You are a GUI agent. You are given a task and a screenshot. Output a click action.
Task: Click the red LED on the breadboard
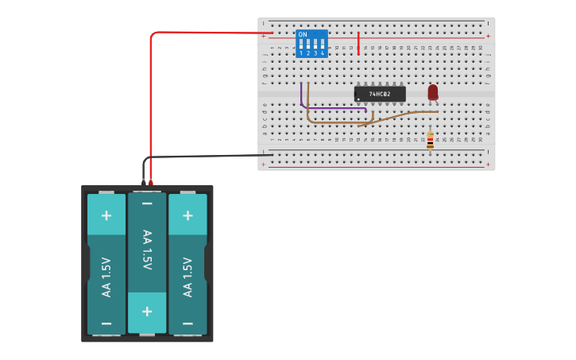tap(432, 92)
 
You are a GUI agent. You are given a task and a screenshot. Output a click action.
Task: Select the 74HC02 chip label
tap(380, 94)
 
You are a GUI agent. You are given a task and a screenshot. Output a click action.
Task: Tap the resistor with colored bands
tap(430, 141)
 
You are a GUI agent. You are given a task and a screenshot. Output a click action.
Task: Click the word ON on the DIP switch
tap(302, 34)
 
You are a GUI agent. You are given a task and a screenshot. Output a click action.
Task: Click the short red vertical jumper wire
tap(358, 43)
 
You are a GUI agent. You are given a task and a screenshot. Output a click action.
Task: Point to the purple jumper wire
tap(334, 108)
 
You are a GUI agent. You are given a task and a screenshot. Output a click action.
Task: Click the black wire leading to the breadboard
tap(207, 157)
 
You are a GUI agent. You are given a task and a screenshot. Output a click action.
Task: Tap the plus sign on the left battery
tap(106, 215)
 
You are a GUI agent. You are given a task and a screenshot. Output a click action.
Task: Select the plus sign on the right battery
tap(187, 215)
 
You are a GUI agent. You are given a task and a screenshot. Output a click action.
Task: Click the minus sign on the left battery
tap(106, 323)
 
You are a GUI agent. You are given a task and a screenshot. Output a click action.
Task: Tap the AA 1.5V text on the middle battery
tap(147, 250)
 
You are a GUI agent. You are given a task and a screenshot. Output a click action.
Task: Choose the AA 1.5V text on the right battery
tap(187, 277)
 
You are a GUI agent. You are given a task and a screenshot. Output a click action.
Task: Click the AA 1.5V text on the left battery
tap(106, 277)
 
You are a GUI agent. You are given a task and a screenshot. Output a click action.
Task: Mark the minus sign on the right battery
tap(187, 323)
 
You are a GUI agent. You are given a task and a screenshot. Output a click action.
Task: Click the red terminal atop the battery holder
tap(151, 184)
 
